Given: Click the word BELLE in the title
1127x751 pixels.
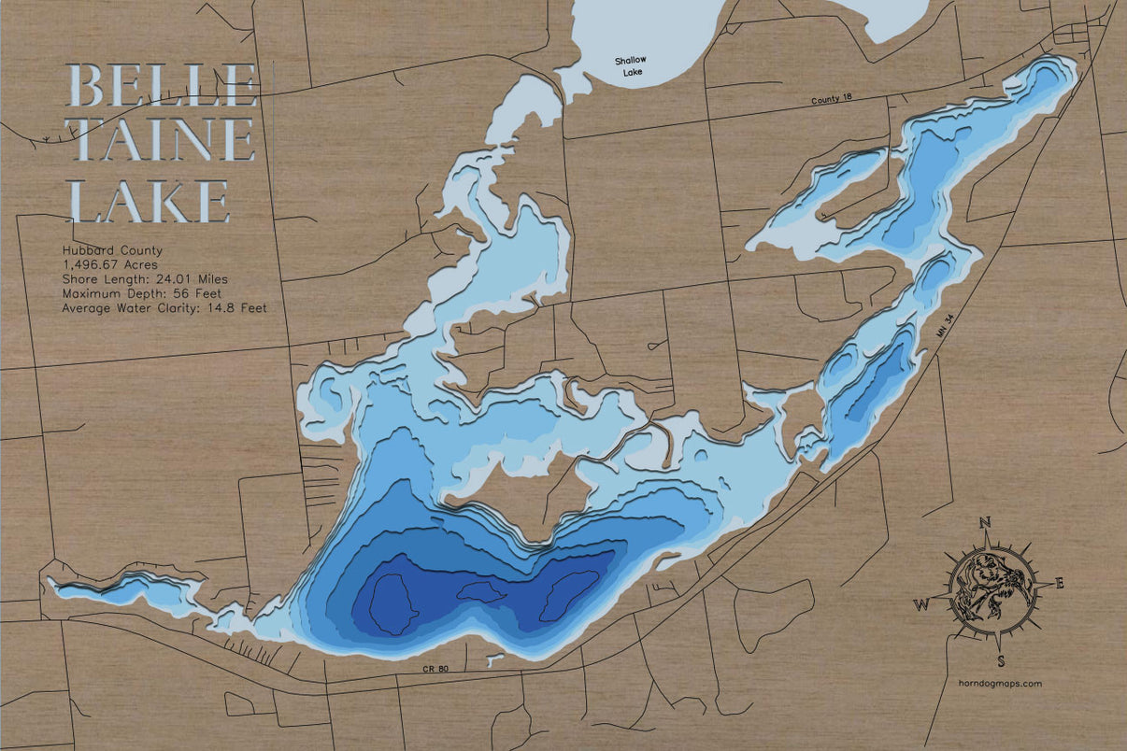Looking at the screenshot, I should (x=162, y=86).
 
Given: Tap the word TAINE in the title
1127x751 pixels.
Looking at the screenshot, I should (x=162, y=140).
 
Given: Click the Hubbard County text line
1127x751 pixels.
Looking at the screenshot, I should (x=112, y=250).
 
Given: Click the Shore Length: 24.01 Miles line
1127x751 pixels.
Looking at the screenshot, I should (x=145, y=279).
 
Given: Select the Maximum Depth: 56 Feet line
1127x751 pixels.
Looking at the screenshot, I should (x=147, y=293).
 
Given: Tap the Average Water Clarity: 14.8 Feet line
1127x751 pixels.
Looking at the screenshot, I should (x=164, y=308).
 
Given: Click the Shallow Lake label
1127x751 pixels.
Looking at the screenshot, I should (x=630, y=65).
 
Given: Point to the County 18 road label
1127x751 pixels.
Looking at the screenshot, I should (x=832, y=100).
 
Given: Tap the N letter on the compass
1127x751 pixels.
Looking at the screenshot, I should (x=984, y=523).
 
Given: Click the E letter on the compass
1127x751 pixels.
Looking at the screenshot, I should (x=1059, y=584).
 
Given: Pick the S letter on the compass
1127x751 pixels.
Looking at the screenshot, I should (x=1001, y=661).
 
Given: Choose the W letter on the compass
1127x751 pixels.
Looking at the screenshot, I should (x=922, y=604).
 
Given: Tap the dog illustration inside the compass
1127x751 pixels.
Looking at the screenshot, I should (x=991, y=588).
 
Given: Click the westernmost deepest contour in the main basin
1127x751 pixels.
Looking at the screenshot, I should (x=392, y=604).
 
